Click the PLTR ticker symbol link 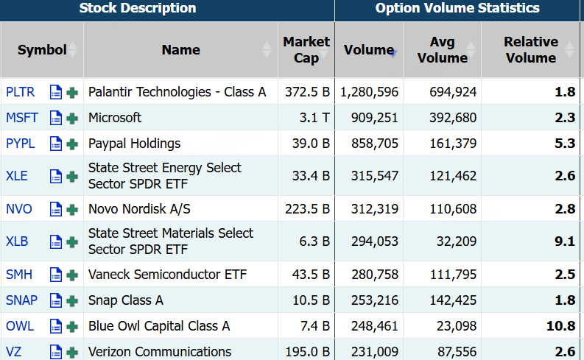pyautogui.click(x=20, y=92)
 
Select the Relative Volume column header pyautogui.click(x=530, y=50)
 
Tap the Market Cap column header pyautogui.click(x=306, y=50)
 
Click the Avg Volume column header pyautogui.click(x=442, y=50)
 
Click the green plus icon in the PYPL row pyautogui.click(x=72, y=144)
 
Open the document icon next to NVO pyautogui.click(x=56, y=209)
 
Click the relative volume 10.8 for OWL pyautogui.click(x=560, y=326)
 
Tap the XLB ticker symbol pyautogui.click(x=17, y=241)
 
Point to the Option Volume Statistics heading pyautogui.click(x=457, y=9)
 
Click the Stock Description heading pyautogui.click(x=138, y=9)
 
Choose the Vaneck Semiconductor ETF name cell pyautogui.click(x=167, y=275)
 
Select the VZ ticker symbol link pyautogui.click(x=14, y=351)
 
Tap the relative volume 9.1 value pyautogui.click(x=565, y=241)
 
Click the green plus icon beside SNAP pyautogui.click(x=72, y=300)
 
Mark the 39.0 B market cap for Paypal pyautogui.click(x=310, y=144)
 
